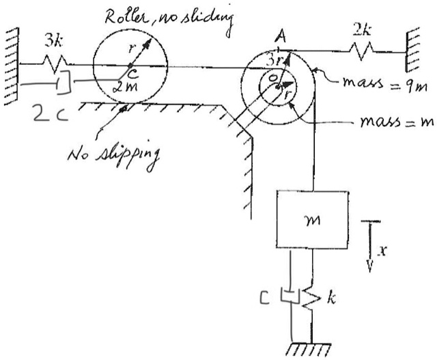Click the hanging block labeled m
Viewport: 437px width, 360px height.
(310, 219)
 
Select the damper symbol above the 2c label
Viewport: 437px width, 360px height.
(62, 83)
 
